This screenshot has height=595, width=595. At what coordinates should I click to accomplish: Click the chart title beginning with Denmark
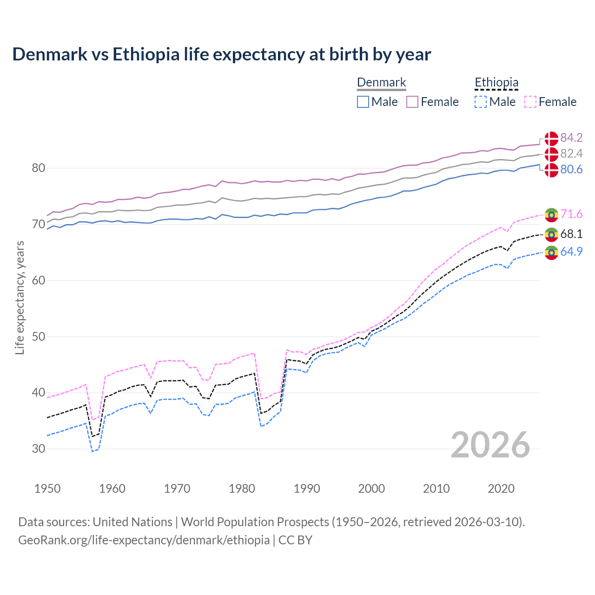(x=221, y=54)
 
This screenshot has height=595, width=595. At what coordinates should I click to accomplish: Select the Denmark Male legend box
(x=363, y=102)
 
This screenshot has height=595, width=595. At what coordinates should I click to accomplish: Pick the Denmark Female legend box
(x=412, y=102)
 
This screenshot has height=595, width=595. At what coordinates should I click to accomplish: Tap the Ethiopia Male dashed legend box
(x=481, y=102)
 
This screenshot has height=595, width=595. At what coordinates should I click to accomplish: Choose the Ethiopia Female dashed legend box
(x=530, y=102)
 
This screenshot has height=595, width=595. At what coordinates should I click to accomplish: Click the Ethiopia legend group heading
(x=496, y=83)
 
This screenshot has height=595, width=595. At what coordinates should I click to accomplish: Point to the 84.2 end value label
(x=571, y=138)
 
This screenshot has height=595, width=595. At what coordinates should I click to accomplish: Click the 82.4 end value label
(x=571, y=154)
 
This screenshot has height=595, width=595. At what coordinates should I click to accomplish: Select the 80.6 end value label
(x=571, y=170)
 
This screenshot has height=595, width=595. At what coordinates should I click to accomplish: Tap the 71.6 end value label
(x=571, y=214)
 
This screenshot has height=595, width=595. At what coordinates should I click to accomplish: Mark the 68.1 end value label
(x=571, y=234)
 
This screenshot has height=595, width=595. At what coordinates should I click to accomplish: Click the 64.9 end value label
(x=571, y=252)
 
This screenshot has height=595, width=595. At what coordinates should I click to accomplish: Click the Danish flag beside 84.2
(x=551, y=139)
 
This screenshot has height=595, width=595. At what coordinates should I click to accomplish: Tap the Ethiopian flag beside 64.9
(x=551, y=252)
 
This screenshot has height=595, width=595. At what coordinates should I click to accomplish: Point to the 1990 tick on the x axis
(x=307, y=489)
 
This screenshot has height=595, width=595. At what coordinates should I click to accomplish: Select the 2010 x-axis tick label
(x=436, y=489)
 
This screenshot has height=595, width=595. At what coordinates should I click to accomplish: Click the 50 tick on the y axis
(x=39, y=337)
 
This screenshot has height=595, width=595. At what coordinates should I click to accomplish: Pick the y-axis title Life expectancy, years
(x=20, y=297)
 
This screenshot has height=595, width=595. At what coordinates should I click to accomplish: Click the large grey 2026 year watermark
(x=490, y=445)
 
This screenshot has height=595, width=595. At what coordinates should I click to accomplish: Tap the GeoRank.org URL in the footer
(x=144, y=540)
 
